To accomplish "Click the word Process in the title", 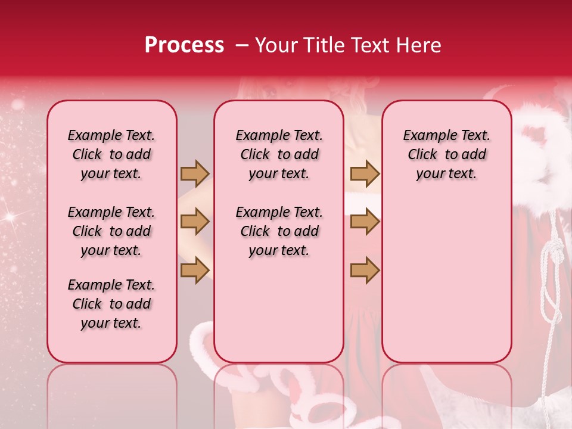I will point(184,45).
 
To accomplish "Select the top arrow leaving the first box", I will point(195,173).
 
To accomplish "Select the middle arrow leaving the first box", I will point(195,222).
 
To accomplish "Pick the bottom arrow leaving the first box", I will point(195,270).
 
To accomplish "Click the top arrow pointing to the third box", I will point(365,173).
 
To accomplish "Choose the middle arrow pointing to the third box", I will point(365,222).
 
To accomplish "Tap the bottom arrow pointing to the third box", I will point(365,270).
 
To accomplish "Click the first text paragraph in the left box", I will point(111,154).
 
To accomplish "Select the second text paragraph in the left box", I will point(111,231).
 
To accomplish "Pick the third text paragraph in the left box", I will point(111,304).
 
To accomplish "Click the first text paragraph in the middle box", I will point(279,154).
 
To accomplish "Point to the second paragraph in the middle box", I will point(279,231).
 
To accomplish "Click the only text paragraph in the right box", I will point(446,154).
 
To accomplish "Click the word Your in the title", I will point(276,45).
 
